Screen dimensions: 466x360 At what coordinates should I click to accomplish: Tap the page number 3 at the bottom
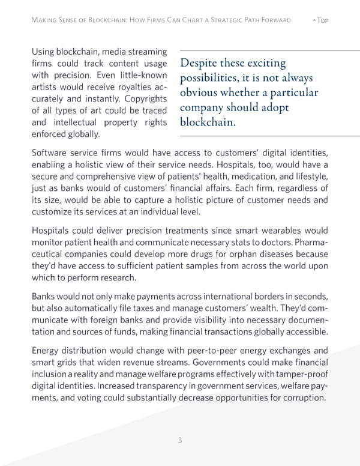180,440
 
